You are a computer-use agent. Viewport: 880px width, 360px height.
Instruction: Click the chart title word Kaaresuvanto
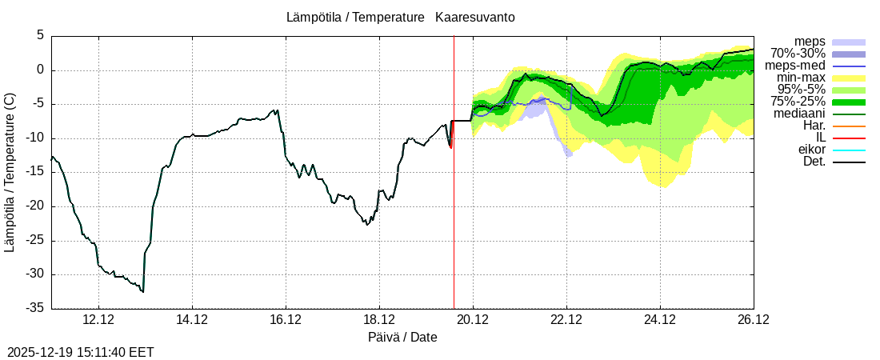click(x=475, y=17)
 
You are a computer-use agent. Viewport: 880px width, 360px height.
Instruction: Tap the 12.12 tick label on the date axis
click(x=98, y=319)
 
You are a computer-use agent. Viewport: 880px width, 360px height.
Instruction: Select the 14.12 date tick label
click(x=192, y=319)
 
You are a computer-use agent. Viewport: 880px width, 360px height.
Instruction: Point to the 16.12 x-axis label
click(x=286, y=319)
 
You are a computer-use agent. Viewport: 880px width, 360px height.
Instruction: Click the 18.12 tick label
click(x=379, y=319)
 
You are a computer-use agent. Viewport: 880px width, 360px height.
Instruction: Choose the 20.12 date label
click(x=473, y=319)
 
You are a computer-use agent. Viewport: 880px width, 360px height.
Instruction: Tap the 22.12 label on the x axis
click(x=566, y=319)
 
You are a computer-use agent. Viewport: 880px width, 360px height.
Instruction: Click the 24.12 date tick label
click(x=660, y=319)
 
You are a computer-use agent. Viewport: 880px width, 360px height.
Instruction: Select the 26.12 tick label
click(x=753, y=319)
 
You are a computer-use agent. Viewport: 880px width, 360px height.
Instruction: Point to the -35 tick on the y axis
click(x=34, y=308)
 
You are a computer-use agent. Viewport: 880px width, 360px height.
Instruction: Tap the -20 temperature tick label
click(x=34, y=206)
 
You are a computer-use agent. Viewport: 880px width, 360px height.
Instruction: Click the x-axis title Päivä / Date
click(x=402, y=337)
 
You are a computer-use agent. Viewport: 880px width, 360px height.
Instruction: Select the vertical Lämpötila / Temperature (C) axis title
click(x=10, y=172)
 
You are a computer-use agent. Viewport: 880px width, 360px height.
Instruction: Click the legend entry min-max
click(x=801, y=78)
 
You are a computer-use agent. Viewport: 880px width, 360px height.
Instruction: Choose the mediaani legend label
click(x=800, y=114)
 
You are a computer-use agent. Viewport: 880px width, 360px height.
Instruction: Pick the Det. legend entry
click(x=814, y=162)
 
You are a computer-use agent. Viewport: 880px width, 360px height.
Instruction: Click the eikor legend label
click(x=811, y=150)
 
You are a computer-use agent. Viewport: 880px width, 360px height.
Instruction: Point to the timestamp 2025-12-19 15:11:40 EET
click(x=81, y=352)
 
